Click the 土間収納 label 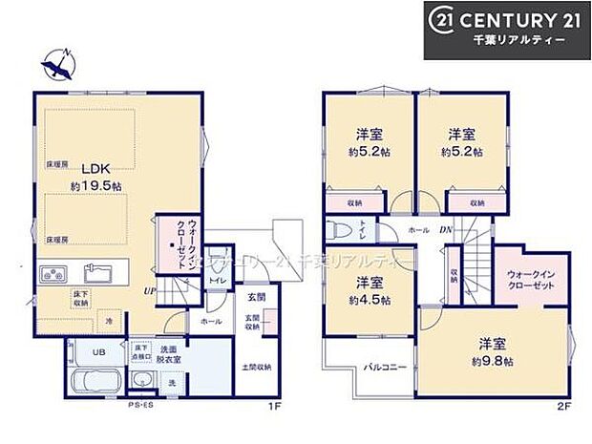click(257, 367)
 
